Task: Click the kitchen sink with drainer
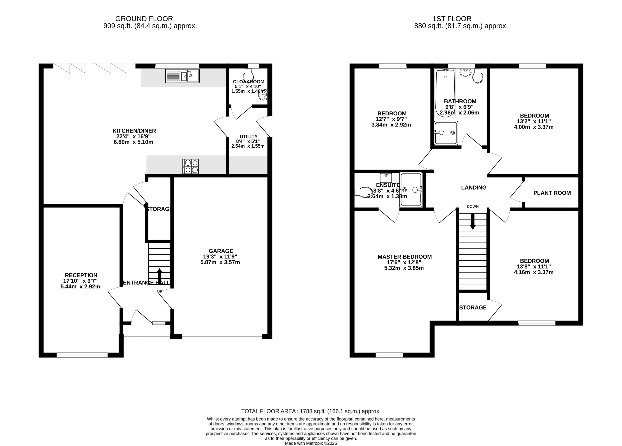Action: (182, 76)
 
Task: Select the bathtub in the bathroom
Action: (445, 93)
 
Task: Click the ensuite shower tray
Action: (411, 189)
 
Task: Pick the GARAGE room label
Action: (221, 251)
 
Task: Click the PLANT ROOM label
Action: (552, 193)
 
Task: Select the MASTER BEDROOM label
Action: (404, 257)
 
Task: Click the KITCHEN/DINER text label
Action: (134, 131)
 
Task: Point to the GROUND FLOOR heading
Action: (144, 19)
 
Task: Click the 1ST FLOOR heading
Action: (452, 19)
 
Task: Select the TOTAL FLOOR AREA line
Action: (311, 411)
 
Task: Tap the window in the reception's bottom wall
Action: (82, 355)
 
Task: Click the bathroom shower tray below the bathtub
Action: (446, 133)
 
